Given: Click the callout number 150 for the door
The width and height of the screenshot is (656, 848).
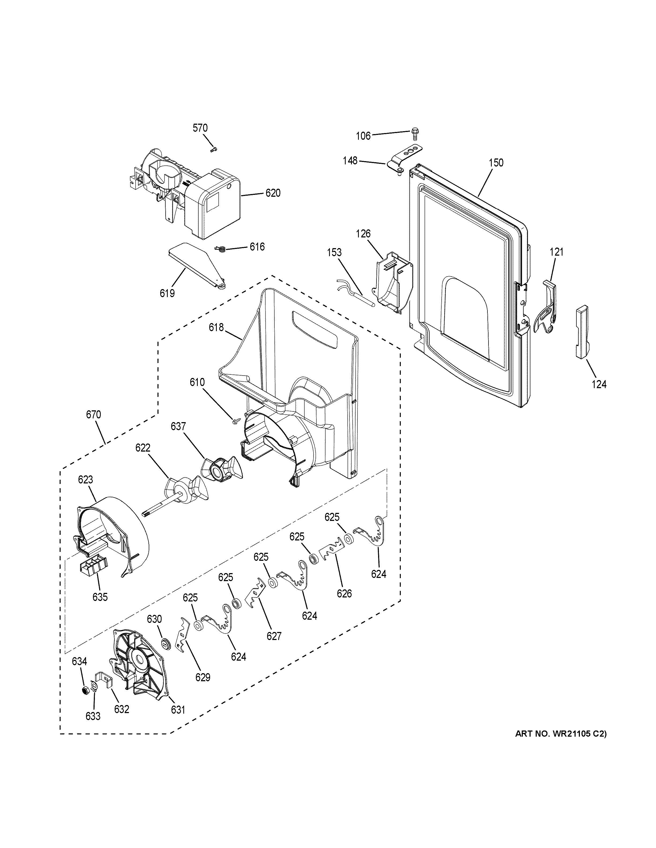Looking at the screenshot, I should click(x=495, y=163).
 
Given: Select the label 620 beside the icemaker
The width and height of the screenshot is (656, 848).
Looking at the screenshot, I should click(x=273, y=193).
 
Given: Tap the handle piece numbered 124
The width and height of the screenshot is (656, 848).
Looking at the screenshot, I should click(x=582, y=332).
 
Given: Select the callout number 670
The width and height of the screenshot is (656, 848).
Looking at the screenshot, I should click(x=93, y=415).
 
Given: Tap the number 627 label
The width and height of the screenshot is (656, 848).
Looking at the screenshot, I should click(x=274, y=636).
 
